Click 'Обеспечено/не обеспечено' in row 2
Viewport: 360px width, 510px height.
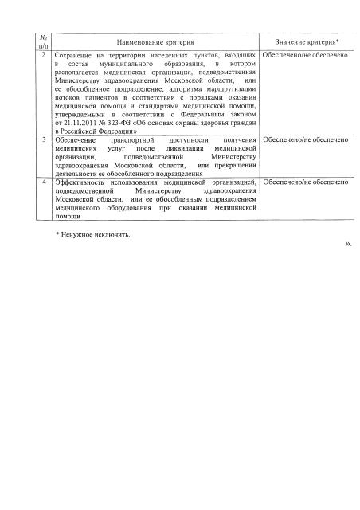coord(306,58)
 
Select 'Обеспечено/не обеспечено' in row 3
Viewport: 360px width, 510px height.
coord(306,140)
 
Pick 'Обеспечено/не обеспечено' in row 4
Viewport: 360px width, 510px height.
coord(306,182)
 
